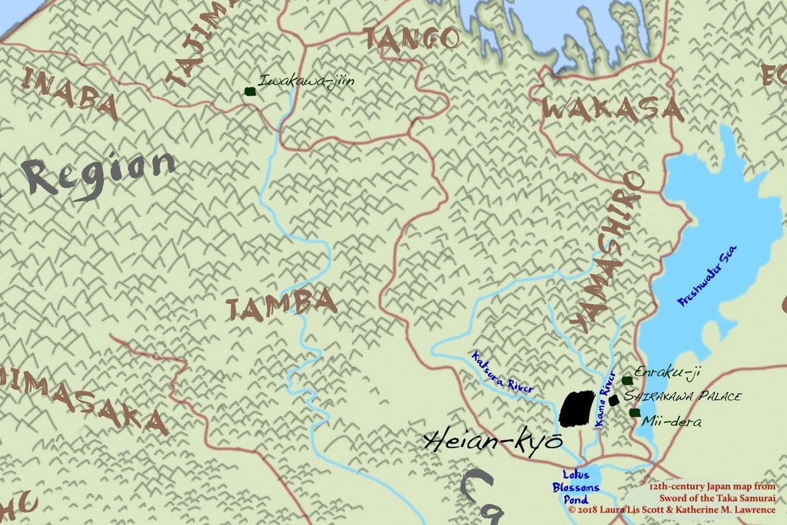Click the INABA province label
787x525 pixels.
tap(69, 93)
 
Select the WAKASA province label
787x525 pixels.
tap(612, 111)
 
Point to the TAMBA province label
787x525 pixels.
tap(281, 305)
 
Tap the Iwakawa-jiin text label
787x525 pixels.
tap(306, 81)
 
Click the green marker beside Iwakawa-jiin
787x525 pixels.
tap(250, 91)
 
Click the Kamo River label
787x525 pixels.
tap(605, 398)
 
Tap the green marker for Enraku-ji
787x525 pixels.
tap(627, 381)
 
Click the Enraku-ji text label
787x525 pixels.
tap(668, 373)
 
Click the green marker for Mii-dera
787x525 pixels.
tap(635, 413)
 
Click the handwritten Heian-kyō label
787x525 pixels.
tap(493, 441)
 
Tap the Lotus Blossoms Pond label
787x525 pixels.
tap(575, 487)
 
